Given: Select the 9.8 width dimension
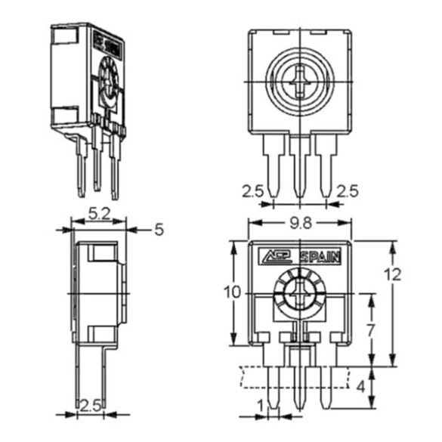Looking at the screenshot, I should click(x=300, y=222).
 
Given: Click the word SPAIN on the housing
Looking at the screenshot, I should click(x=320, y=256).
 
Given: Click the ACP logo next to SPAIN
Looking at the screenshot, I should click(x=277, y=256).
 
